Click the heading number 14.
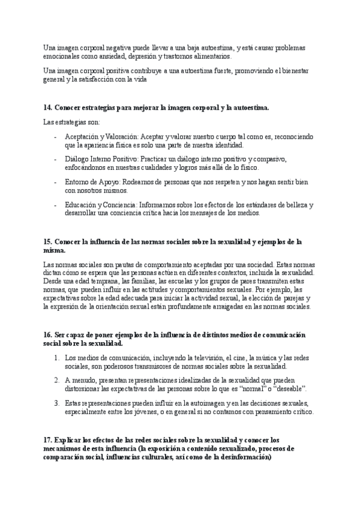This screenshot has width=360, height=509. pyautogui.click(x=47, y=107)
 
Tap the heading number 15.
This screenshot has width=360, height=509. pyautogui.click(x=47, y=242)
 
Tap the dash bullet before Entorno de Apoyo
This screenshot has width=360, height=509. pyautogui.click(x=55, y=181)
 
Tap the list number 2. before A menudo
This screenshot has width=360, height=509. pyautogui.click(x=56, y=379)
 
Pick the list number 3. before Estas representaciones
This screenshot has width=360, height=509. pyautogui.click(x=56, y=402)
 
